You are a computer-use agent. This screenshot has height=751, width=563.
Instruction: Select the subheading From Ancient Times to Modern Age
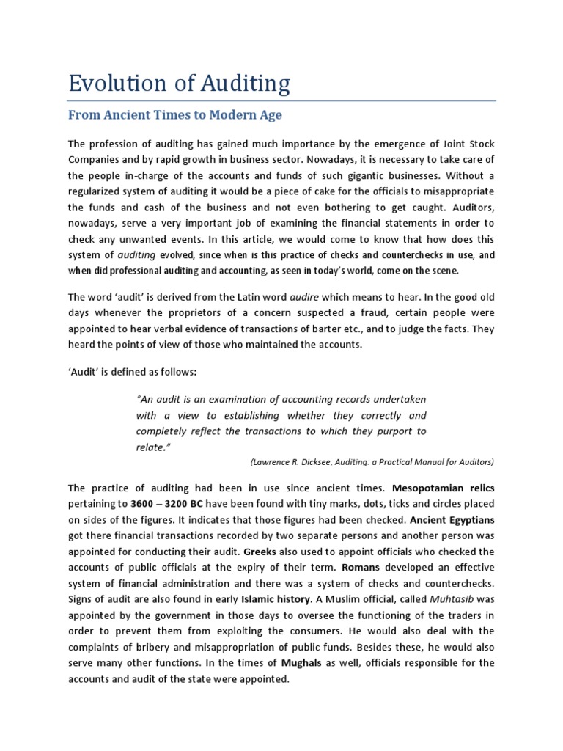coord(174,115)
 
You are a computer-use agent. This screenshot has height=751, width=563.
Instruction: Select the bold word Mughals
coord(302,663)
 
